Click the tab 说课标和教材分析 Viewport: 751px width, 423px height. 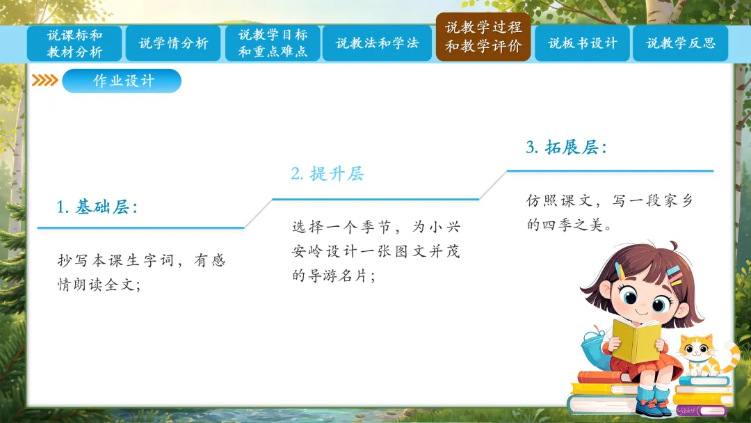(x=74, y=43)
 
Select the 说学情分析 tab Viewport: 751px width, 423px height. (x=173, y=43)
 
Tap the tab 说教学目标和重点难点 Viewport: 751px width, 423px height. (x=273, y=43)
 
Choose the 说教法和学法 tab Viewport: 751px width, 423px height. (x=377, y=43)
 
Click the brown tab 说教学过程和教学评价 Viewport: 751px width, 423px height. (x=483, y=37)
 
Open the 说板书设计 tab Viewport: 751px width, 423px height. (x=583, y=43)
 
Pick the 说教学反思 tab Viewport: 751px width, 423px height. (x=681, y=43)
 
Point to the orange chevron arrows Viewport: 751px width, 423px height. (x=45, y=81)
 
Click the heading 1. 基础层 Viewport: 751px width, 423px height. (x=97, y=207)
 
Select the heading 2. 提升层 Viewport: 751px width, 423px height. (x=328, y=173)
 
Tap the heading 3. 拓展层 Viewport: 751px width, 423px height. (x=567, y=147)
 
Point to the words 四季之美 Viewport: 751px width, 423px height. (x=572, y=225)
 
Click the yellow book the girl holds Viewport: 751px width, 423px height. (x=636, y=341)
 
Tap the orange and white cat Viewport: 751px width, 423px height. (x=704, y=356)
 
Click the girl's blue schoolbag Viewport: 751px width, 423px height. (x=594, y=345)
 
